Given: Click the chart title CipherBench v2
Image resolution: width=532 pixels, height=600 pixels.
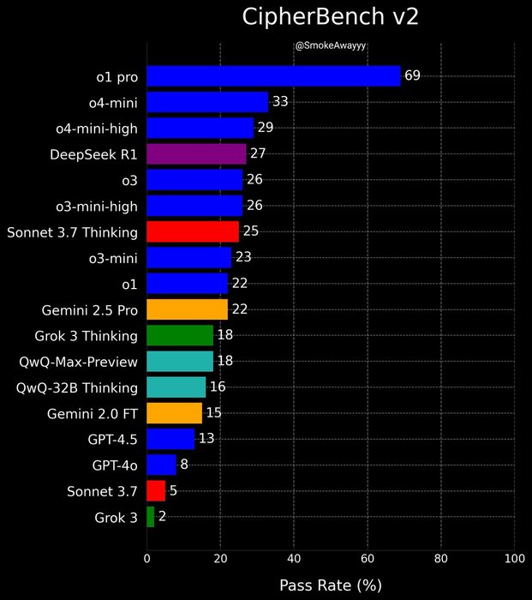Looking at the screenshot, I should pos(330,17).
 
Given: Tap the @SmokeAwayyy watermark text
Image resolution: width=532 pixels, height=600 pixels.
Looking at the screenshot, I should pos(330,45).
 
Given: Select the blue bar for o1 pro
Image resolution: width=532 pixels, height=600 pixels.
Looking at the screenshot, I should pos(273,75).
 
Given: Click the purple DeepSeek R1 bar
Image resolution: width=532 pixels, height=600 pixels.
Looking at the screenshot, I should pos(196,153).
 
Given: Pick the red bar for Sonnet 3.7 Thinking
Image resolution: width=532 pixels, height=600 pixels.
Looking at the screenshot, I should pos(193,231).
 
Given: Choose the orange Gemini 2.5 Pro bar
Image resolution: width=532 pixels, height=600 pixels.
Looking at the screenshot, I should pos(187,309).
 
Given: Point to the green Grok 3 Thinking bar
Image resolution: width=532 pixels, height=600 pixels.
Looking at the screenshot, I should pos(180,335).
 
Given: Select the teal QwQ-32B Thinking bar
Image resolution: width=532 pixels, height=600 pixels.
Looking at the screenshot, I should pos(176,387).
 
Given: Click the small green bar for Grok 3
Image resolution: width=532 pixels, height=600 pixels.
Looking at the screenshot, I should pos(151,517).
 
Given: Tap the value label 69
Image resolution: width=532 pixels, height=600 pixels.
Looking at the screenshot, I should pos(412,75).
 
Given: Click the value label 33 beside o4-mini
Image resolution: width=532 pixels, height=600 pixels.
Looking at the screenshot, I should pos(279,102).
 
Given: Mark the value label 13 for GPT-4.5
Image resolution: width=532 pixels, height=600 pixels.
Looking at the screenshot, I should pos(206,439).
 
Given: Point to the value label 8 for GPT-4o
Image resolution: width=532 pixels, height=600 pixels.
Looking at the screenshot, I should pos(183,465).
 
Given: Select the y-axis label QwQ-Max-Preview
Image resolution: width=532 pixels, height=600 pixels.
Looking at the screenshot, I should pos(77,361).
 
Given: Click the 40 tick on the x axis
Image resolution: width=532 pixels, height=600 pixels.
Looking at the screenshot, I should pos(294,559).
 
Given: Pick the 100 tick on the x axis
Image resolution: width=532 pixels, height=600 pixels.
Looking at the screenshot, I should pos(514,559).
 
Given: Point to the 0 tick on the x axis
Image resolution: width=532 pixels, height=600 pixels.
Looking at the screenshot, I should pos(147,559).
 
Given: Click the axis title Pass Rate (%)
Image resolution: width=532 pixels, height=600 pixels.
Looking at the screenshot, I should pos(330,585).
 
